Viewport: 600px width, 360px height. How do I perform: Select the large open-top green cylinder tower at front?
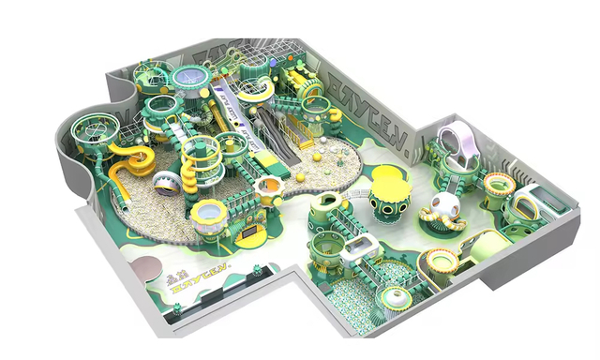pos(329,220)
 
